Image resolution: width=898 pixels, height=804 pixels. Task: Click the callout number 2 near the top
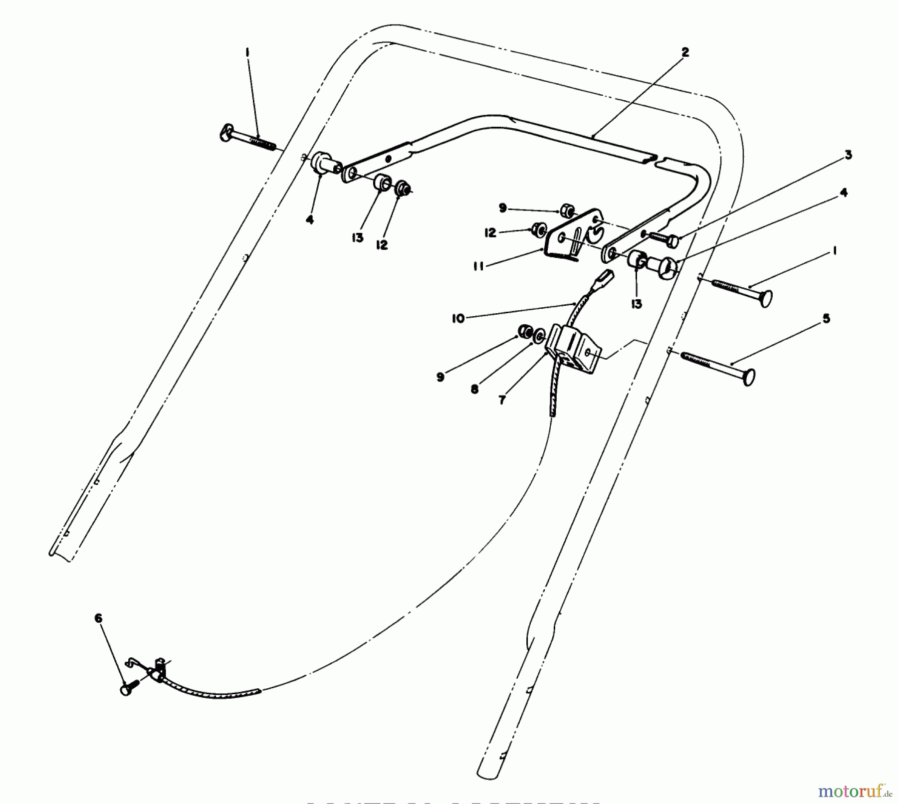[685, 52]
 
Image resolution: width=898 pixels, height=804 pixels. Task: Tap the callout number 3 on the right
[848, 155]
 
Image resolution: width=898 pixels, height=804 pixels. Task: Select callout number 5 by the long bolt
[826, 318]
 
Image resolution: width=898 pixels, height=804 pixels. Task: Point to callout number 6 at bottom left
[98, 619]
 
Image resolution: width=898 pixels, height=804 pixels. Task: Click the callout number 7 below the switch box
[502, 400]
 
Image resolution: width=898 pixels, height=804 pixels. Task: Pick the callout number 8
[474, 389]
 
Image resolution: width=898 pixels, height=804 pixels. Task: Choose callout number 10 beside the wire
[458, 318]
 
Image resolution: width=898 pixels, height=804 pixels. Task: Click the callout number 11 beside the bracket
[478, 267]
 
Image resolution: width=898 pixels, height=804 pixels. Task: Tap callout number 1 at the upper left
[246, 52]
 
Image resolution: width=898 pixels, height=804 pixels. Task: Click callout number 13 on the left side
[357, 238]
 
